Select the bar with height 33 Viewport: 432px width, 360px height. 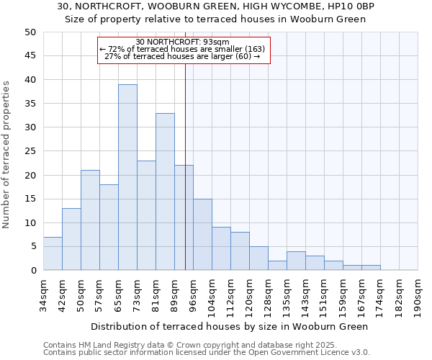(x=165, y=192)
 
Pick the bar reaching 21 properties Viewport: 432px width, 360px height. (x=90, y=220)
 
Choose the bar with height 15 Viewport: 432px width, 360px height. (x=202, y=235)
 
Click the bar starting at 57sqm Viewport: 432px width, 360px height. (x=109, y=228)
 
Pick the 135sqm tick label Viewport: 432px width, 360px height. (x=287, y=297)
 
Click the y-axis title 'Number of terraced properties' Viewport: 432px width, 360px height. (x=7, y=154)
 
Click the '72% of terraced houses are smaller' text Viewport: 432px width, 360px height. (x=183, y=49)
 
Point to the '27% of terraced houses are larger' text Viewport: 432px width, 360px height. (x=183, y=56)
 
